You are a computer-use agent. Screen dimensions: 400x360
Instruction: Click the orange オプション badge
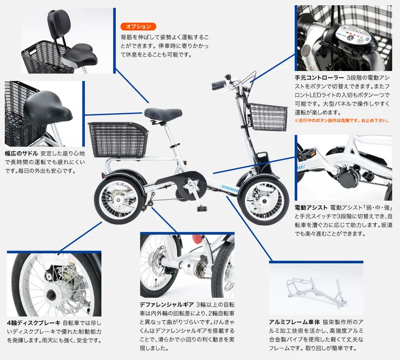click(x=138, y=27)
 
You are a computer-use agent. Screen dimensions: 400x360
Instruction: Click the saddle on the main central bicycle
click(x=163, y=113)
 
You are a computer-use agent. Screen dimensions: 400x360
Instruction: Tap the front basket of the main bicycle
click(x=268, y=117)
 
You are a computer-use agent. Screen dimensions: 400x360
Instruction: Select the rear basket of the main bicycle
click(x=118, y=140)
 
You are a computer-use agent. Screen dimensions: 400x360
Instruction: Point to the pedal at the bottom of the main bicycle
click(x=202, y=209)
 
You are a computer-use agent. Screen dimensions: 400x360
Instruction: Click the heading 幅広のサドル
click(x=21, y=154)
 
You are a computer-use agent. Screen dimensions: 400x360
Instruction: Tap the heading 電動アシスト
click(x=311, y=208)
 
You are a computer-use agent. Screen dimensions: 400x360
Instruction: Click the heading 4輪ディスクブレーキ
click(x=34, y=323)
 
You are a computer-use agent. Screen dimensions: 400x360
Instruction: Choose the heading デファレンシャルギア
click(x=167, y=305)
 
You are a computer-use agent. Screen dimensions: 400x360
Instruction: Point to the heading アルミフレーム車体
click(x=294, y=322)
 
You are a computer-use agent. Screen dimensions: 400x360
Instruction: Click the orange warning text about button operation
click(x=342, y=120)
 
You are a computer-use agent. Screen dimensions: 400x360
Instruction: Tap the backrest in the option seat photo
click(x=59, y=21)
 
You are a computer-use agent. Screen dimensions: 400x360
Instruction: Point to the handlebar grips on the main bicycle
click(x=219, y=85)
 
